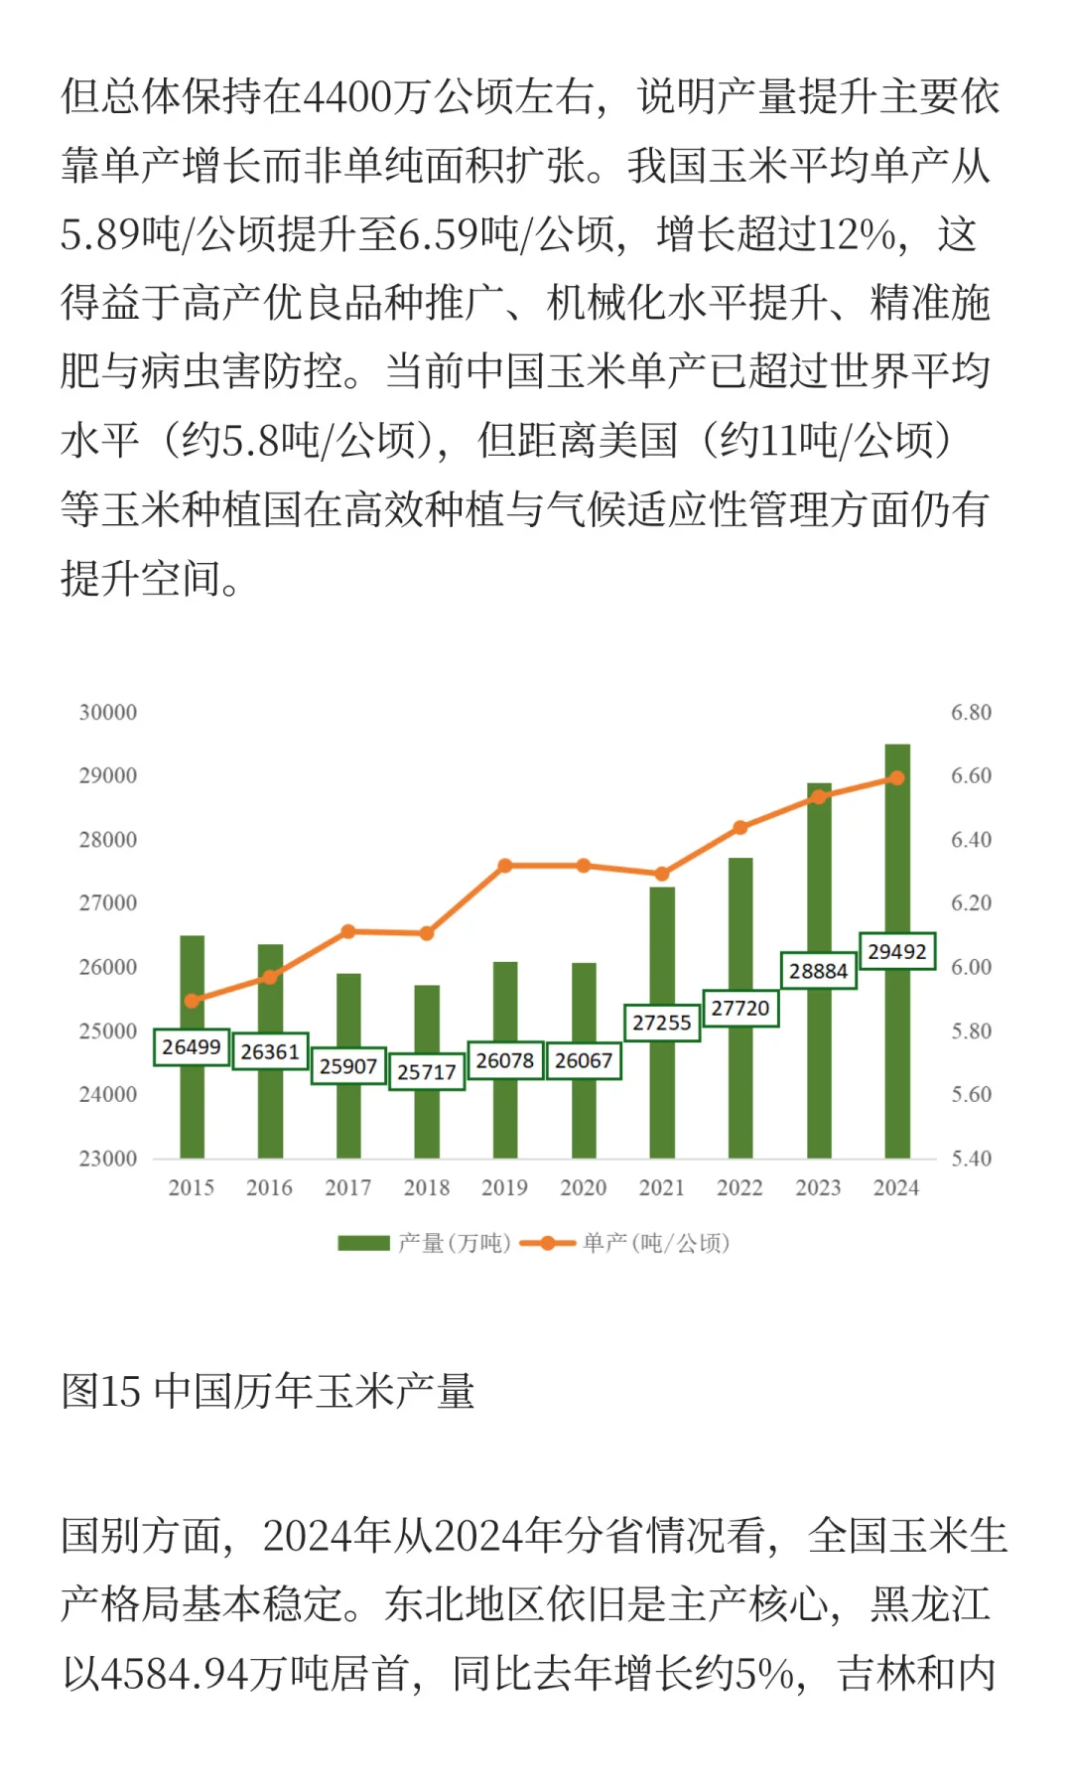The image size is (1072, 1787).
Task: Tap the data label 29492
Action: tap(897, 951)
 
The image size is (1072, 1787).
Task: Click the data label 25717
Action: tap(427, 1072)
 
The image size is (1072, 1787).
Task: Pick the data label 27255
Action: tap(662, 1023)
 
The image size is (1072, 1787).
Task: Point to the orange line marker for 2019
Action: tap(505, 866)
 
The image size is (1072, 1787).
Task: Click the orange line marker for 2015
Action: tap(193, 1001)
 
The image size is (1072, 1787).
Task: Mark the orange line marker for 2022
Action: tap(740, 827)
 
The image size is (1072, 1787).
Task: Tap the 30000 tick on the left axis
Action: tap(108, 712)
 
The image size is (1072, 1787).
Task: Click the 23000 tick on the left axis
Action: tap(108, 1159)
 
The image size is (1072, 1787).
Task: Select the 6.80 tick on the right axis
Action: tap(971, 712)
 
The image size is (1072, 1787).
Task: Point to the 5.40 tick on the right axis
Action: tap(971, 1159)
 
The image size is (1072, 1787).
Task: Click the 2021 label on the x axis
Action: tap(662, 1188)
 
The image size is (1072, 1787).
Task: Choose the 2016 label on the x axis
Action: tap(270, 1188)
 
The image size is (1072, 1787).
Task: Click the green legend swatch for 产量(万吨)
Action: tap(363, 1243)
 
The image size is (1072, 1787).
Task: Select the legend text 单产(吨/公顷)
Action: tap(656, 1243)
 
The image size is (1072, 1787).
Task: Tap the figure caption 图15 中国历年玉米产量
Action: tap(268, 1391)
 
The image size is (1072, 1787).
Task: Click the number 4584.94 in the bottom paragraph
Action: tap(174, 1674)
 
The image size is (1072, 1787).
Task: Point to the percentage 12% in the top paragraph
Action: tap(858, 235)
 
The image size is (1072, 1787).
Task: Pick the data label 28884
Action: tap(819, 971)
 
